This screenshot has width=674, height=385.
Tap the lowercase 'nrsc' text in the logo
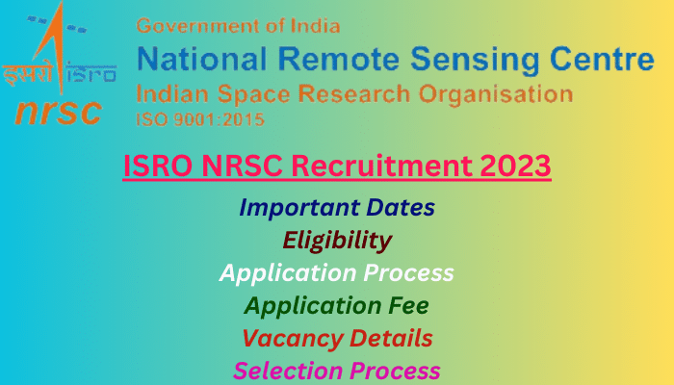(x=58, y=112)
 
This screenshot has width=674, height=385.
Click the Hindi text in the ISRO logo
(x=28, y=74)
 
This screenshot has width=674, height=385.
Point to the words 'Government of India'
(x=238, y=26)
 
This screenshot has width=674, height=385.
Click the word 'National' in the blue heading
(x=201, y=59)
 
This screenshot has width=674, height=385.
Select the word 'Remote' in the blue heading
(x=339, y=59)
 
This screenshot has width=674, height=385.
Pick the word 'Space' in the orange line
(x=253, y=94)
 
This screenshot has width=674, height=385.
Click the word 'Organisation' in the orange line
(x=496, y=94)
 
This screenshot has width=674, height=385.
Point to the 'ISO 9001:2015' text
(x=200, y=119)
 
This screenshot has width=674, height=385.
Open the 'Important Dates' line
(x=337, y=208)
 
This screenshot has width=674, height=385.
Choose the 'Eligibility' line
(x=337, y=241)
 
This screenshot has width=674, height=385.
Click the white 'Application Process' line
(x=337, y=273)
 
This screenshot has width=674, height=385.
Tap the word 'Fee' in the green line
(x=408, y=305)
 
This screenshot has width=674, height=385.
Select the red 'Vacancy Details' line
(x=337, y=339)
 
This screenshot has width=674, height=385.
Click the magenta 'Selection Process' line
(x=337, y=371)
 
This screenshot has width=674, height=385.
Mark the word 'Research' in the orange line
(x=354, y=94)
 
